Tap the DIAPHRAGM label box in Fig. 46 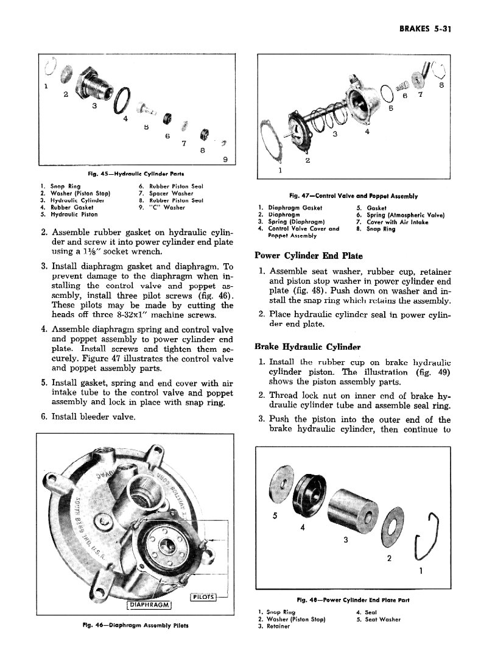(149, 604)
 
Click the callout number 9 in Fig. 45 (225, 160)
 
